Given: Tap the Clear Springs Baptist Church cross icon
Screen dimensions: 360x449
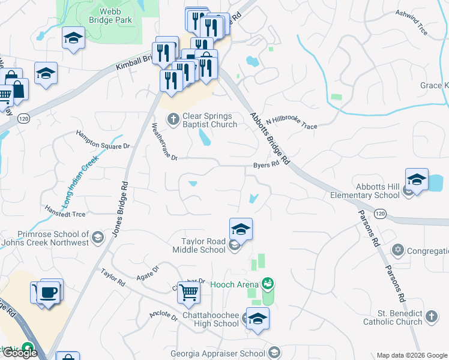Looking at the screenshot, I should point(173,118).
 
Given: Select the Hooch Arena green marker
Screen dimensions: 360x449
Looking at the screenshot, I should point(269,283).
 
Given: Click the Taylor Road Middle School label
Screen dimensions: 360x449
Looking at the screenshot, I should point(204,245).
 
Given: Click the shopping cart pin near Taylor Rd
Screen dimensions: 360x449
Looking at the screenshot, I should point(189,293).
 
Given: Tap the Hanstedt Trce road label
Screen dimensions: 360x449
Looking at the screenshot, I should point(65,211).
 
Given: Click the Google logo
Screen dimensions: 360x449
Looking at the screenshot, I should point(19,353).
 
